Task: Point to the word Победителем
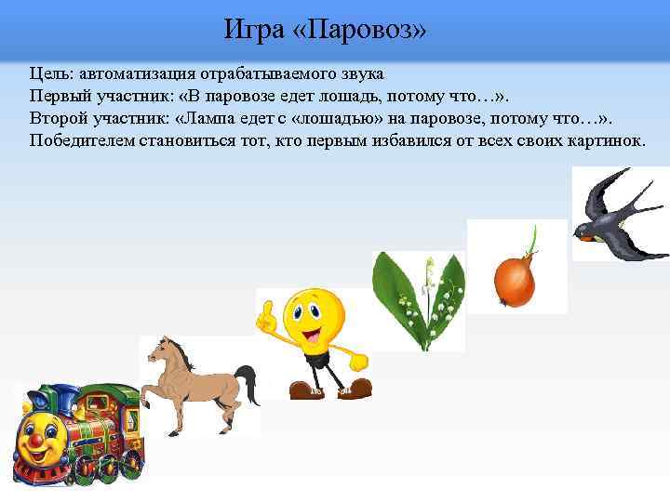tap(83, 140)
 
